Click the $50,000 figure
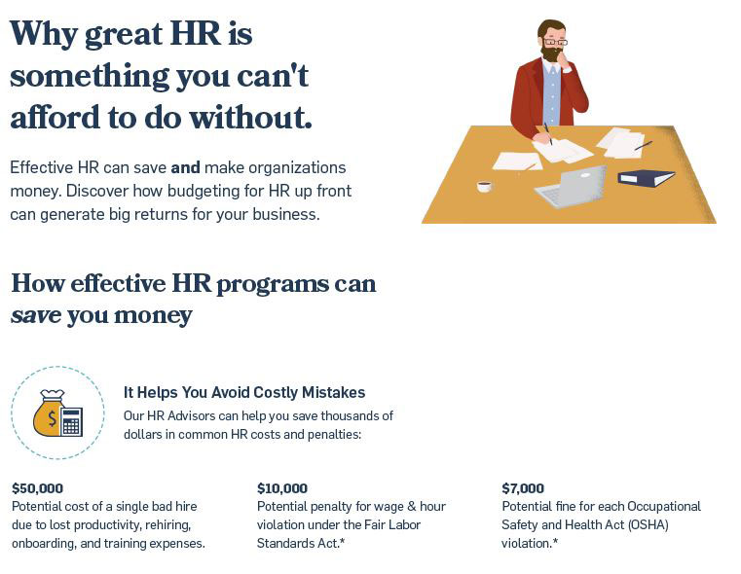click(x=37, y=488)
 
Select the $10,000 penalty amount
click(x=282, y=488)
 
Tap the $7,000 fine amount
click(x=523, y=488)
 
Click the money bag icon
click(x=48, y=413)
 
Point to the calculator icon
click(x=71, y=421)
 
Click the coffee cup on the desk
click(x=484, y=186)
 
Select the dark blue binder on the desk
click(x=646, y=178)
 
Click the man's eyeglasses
click(x=554, y=42)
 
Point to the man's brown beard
click(x=551, y=53)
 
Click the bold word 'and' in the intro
click(x=185, y=167)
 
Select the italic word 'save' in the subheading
click(x=36, y=315)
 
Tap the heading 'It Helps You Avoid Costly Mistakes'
click(x=244, y=392)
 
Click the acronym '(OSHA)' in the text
click(x=648, y=524)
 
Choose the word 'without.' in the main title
click(x=251, y=117)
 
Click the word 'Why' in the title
click(x=44, y=34)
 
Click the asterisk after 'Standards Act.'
click(x=342, y=541)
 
